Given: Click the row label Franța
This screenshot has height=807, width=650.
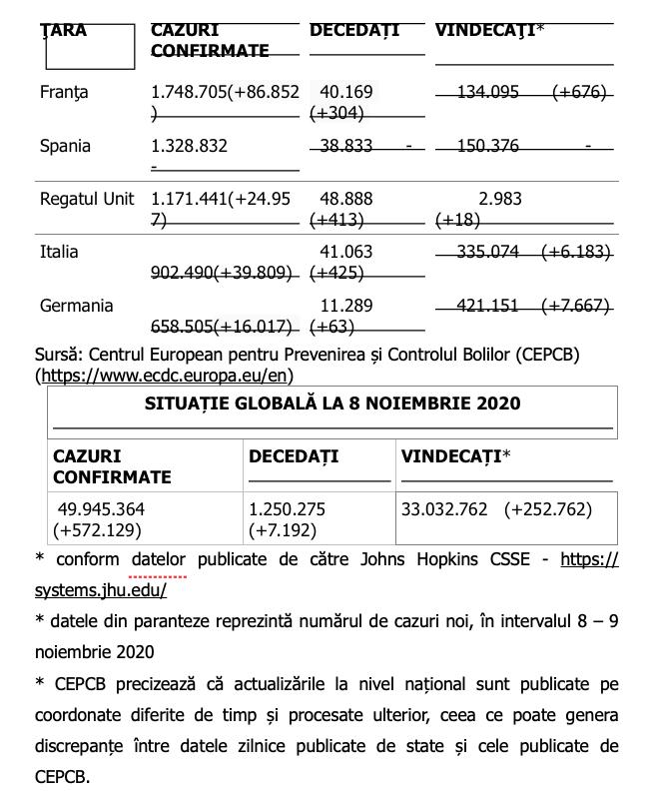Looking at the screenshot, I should [x=64, y=92].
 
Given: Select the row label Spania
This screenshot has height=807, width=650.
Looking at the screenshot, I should [x=65, y=146].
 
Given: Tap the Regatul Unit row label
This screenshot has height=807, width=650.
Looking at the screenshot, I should [x=87, y=199].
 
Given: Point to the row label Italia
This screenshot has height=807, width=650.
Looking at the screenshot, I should [x=59, y=252].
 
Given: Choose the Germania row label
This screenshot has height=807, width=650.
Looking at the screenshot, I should [x=76, y=306].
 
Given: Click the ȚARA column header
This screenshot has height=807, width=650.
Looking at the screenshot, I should [x=64, y=31].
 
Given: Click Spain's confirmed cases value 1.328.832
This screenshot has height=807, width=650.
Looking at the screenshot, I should [x=189, y=146].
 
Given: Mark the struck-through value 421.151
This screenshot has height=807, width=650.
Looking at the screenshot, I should [x=487, y=306].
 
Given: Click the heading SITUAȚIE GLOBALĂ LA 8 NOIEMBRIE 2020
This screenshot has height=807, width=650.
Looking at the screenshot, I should [x=332, y=404].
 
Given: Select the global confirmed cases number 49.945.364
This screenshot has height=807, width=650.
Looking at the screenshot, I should [x=101, y=509].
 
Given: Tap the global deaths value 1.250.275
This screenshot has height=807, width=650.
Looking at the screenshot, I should [x=287, y=509].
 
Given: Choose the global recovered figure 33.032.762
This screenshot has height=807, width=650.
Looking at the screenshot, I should [x=444, y=509].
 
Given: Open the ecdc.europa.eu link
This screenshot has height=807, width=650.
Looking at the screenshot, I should [x=165, y=376].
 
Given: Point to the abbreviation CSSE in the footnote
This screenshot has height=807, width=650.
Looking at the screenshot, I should [x=505, y=559].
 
